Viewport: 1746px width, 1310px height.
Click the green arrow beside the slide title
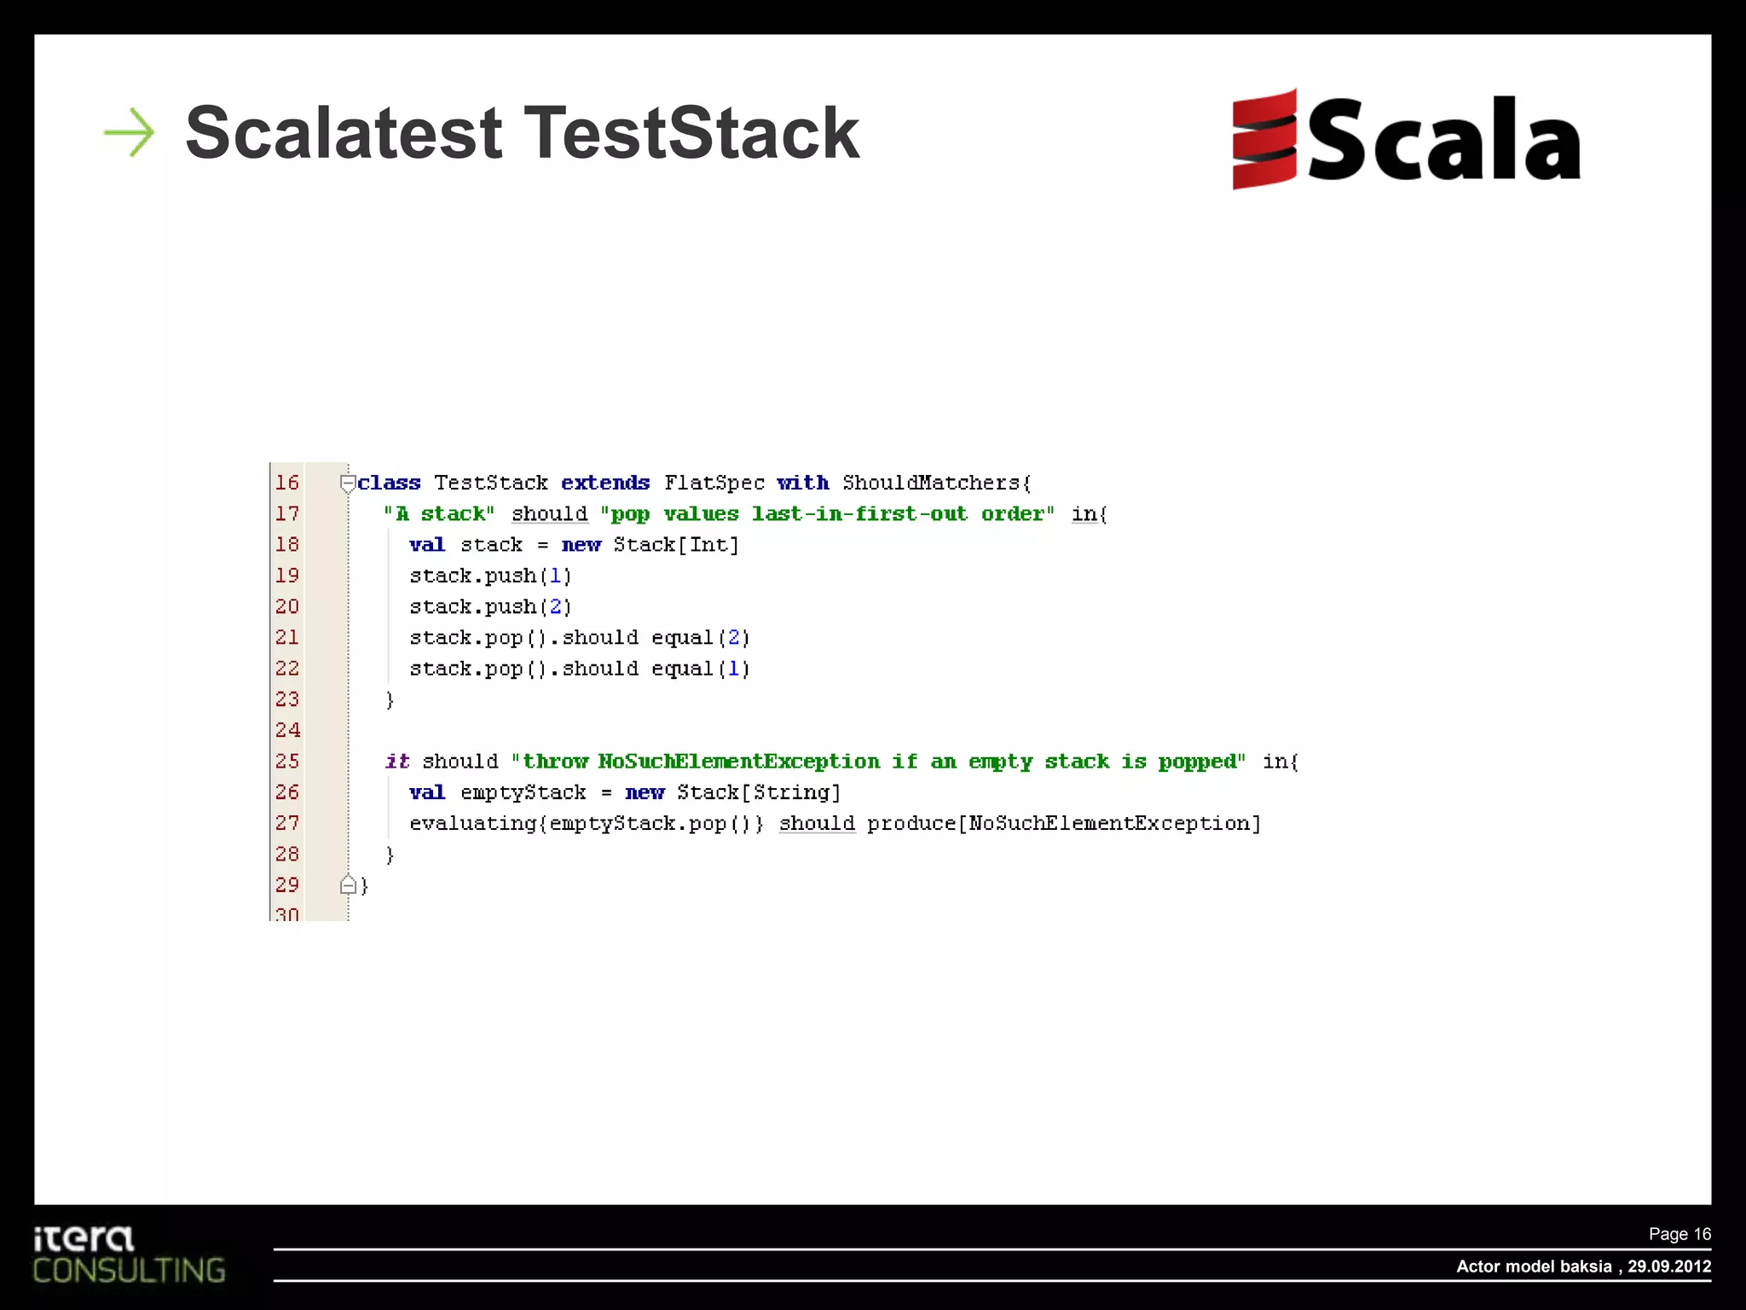click(130, 132)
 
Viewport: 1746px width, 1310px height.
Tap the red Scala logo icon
click(1264, 139)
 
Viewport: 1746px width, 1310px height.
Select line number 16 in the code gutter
click(287, 483)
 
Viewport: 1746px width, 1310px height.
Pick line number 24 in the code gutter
click(287, 730)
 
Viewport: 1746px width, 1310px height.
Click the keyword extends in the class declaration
click(605, 483)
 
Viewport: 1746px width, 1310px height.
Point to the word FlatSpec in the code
click(714, 483)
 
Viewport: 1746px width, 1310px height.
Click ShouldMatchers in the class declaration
click(931, 483)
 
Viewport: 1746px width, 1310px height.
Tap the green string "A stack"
click(439, 513)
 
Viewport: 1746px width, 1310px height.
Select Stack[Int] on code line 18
click(676, 545)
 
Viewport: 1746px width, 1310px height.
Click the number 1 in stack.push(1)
click(556, 576)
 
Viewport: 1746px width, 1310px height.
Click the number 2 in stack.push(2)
click(556, 606)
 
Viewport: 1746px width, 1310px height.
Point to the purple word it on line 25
click(397, 761)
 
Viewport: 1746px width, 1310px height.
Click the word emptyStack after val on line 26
click(523, 792)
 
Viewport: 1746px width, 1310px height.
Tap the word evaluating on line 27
click(472, 823)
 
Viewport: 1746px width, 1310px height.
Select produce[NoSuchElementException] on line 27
click(1064, 823)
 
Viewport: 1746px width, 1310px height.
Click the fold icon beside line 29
click(348, 885)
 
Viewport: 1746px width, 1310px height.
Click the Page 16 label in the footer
click(1680, 1234)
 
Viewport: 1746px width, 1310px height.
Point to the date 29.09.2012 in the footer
click(1669, 1267)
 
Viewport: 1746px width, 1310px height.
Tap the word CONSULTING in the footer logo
click(130, 1270)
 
